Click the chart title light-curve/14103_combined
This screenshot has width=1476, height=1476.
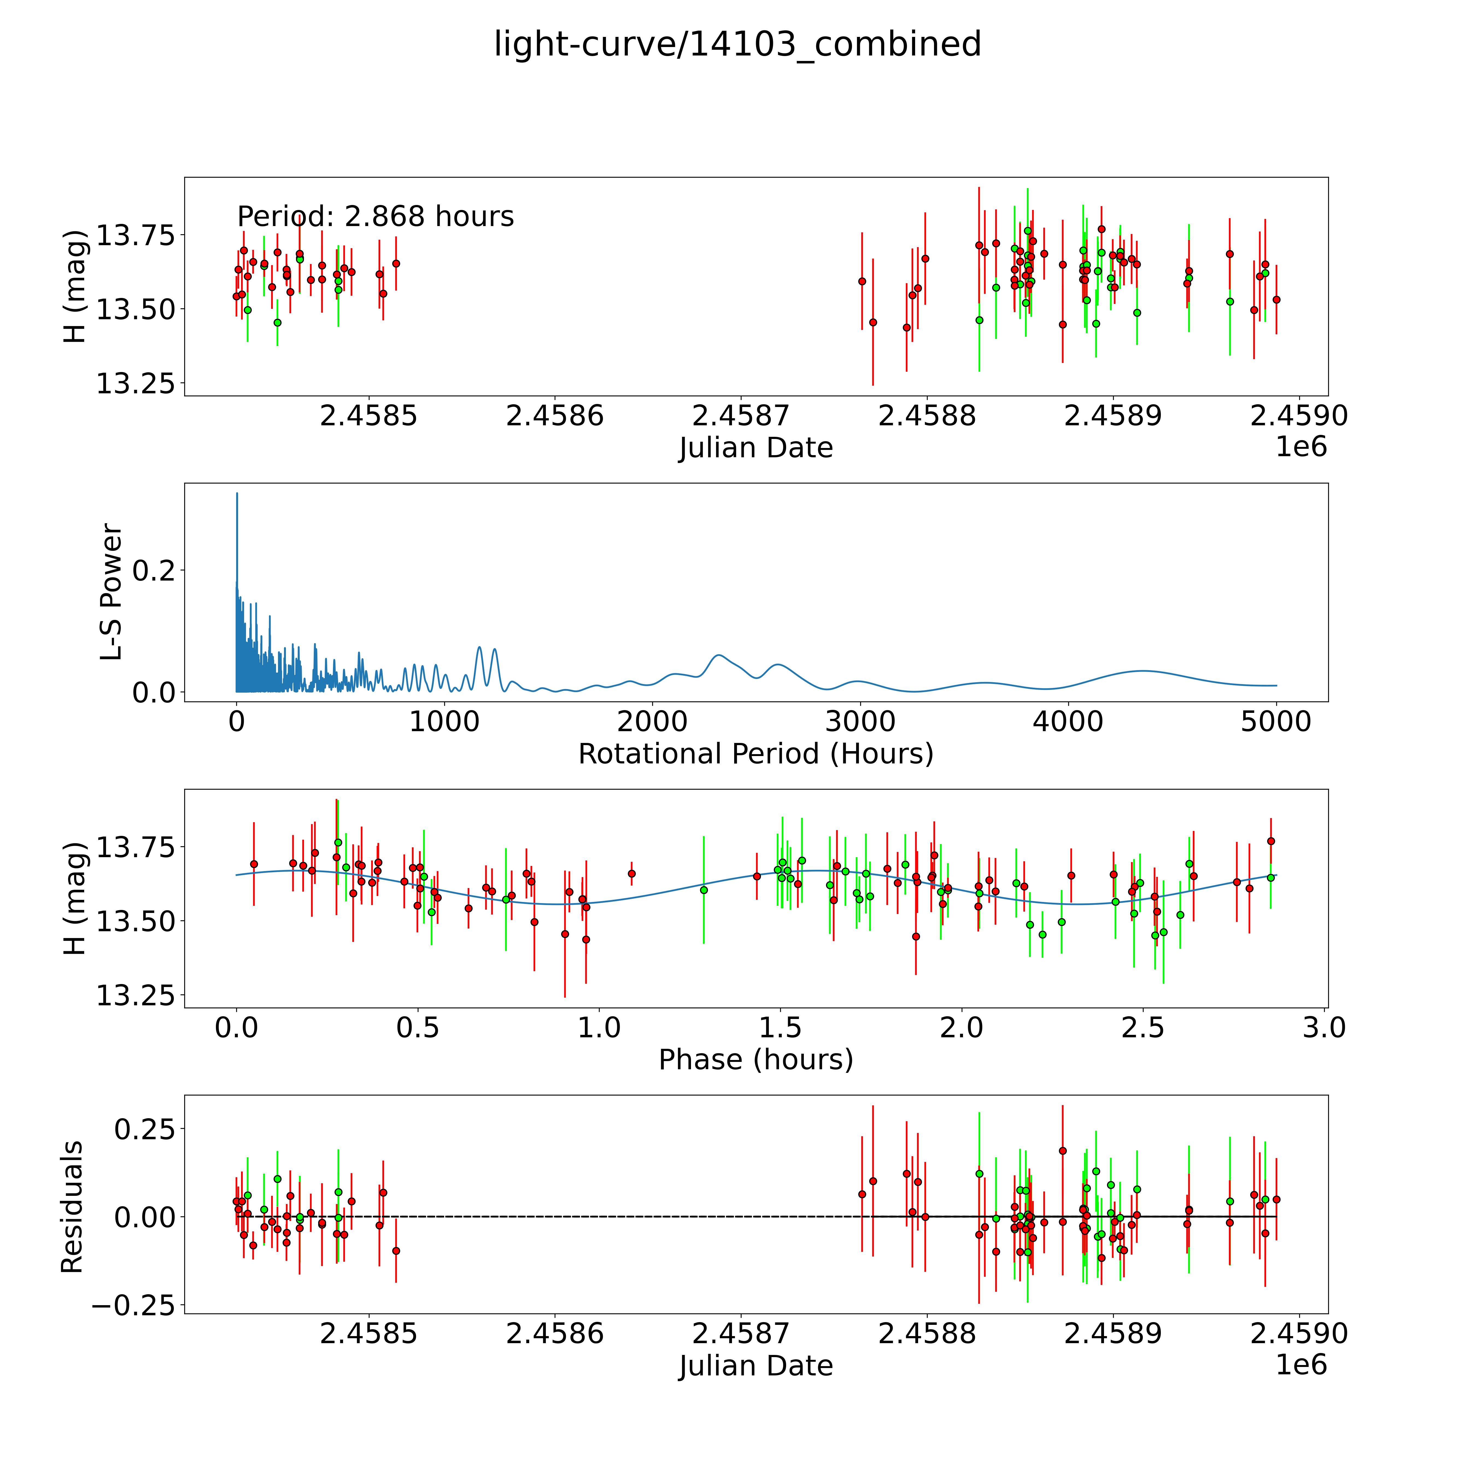point(737,44)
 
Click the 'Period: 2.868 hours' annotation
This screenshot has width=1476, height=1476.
point(375,217)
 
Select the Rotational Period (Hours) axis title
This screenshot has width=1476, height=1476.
point(755,754)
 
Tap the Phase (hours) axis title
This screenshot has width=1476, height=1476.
point(755,1060)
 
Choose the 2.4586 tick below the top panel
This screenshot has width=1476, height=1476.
point(555,416)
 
